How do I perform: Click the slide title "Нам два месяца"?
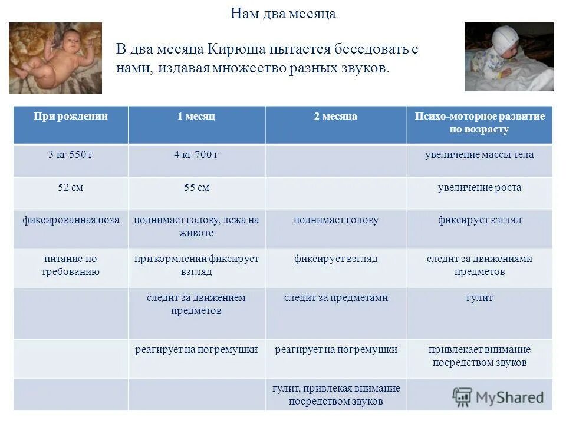[x=283, y=14]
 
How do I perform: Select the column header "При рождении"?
[x=70, y=117]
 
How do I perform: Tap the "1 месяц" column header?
[x=196, y=117]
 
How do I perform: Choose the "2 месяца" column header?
[x=335, y=117]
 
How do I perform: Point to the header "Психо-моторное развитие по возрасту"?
[x=479, y=122]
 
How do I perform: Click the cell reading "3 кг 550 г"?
[x=70, y=155]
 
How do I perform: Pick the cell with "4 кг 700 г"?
[x=196, y=155]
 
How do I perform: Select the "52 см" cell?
[x=70, y=188]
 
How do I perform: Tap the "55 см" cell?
[x=196, y=188]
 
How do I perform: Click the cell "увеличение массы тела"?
[x=479, y=155]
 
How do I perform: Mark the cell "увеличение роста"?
[x=479, y=188]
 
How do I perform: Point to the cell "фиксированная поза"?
[x=71, y=220]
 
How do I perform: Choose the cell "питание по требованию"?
[x=71, y=265]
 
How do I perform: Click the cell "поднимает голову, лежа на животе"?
[x=196, y=226]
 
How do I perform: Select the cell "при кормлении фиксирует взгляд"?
[x=196, y=265]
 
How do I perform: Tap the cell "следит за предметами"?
[x=335, y=298]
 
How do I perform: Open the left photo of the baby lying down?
[x=55, y=58]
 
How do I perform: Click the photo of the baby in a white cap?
[x=509, y=57]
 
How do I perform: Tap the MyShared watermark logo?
[x=498, y=396]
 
